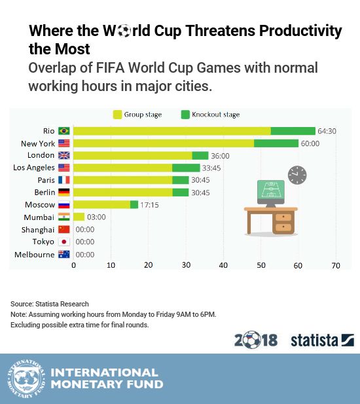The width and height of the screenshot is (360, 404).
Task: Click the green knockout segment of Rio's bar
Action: (x=293, y=131)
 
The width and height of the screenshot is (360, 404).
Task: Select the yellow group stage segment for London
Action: (x=133, y=156)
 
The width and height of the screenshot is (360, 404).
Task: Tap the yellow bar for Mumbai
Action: (x=79, y=217)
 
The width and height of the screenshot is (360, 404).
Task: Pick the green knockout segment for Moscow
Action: (x=134, y=205)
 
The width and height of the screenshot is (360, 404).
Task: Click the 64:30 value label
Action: (x=327, y=131)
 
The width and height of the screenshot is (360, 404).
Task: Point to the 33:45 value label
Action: (x=211, y=168)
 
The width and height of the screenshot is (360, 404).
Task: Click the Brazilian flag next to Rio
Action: (x=64, y=131)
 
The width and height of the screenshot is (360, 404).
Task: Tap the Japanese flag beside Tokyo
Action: (x=64, y=242)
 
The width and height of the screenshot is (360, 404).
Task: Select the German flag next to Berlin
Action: (x=64, y=193)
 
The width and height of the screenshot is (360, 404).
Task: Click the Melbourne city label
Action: (x=35, y=255)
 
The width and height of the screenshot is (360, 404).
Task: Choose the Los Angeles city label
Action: (x=34, y=168)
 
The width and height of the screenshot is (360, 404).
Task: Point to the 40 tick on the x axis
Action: (x=223, y=265)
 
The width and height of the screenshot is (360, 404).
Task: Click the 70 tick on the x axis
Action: (x=336, y=265)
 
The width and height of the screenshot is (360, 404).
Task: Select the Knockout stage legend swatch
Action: (x=185, y=115)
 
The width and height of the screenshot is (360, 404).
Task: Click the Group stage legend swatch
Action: (x=117, y=115)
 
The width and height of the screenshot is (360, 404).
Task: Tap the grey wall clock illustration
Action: (x=297, y=175)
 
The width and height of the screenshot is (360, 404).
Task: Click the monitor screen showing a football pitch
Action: (x=271, y=190)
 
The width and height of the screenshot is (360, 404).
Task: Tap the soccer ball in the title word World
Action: (x=124, y=31)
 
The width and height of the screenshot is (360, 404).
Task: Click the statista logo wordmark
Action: (x=314, y=340)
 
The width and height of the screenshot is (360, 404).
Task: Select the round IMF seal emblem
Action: (x=26, y=378)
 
